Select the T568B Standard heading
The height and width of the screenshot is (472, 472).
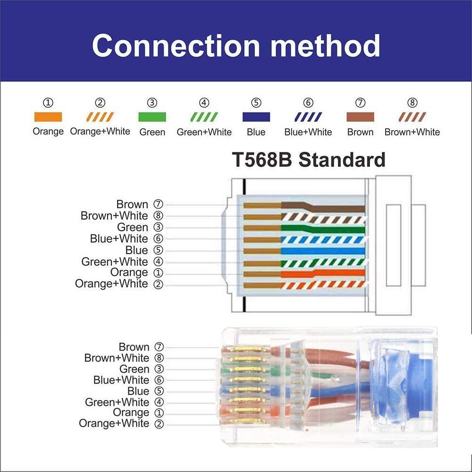(308, 160)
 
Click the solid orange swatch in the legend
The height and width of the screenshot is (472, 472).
(48, 117)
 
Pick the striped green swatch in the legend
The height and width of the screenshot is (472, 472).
(204, 117)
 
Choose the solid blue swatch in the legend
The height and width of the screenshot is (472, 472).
(256, 117)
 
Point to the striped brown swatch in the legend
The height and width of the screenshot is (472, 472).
(412, 117)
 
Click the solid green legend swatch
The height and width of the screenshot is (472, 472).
(152, 117)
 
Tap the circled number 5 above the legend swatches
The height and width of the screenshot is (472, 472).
(256, 102)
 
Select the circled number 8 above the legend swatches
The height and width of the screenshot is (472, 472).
(412, 102)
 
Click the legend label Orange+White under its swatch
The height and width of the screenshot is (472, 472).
(100, 132)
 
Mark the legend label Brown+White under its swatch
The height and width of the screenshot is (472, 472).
(412, 132)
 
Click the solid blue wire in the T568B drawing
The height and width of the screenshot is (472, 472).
(323, 251)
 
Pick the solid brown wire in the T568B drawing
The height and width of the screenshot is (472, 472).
(330, 208)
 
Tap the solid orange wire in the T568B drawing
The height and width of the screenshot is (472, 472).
(323, 273)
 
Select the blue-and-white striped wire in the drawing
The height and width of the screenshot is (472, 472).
(323, 239)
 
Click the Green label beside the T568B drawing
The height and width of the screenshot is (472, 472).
(133, 228)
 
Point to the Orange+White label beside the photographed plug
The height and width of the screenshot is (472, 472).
(114, 423)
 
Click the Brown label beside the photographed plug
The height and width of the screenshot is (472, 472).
(134, 347)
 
